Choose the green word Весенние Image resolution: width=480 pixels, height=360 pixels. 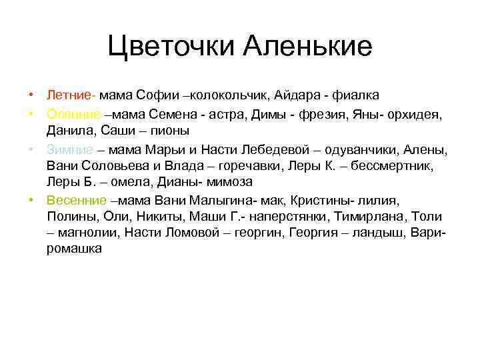(x=77, y=199)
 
